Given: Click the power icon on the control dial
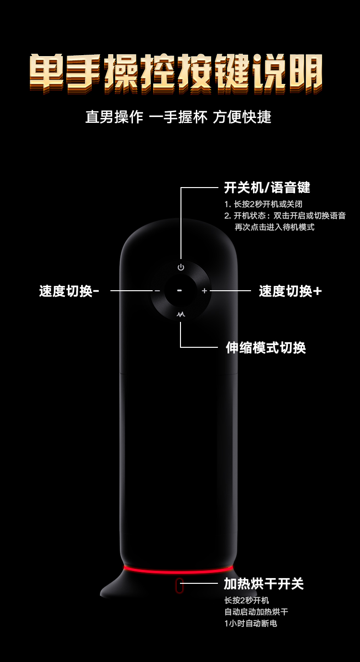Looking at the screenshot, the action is [180, 267].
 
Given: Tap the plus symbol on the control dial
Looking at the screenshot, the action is [204, 291].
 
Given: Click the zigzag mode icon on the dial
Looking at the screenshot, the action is [180, 315].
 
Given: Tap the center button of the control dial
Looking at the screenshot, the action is [180, 291].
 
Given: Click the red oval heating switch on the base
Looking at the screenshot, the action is [180, 586].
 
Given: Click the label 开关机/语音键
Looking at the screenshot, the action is [267, 187].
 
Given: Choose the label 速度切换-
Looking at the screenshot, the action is [69, 291].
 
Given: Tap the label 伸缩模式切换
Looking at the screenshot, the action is [265, 347].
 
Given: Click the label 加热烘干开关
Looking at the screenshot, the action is [264, 584].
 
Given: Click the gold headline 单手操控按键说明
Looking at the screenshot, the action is [176, 72].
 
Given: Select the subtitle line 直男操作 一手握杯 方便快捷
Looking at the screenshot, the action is [178, 117].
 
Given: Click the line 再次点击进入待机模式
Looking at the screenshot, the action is [274, 227].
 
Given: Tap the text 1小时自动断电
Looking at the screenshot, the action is [251, 623].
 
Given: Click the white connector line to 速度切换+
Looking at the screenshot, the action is [230, 291].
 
